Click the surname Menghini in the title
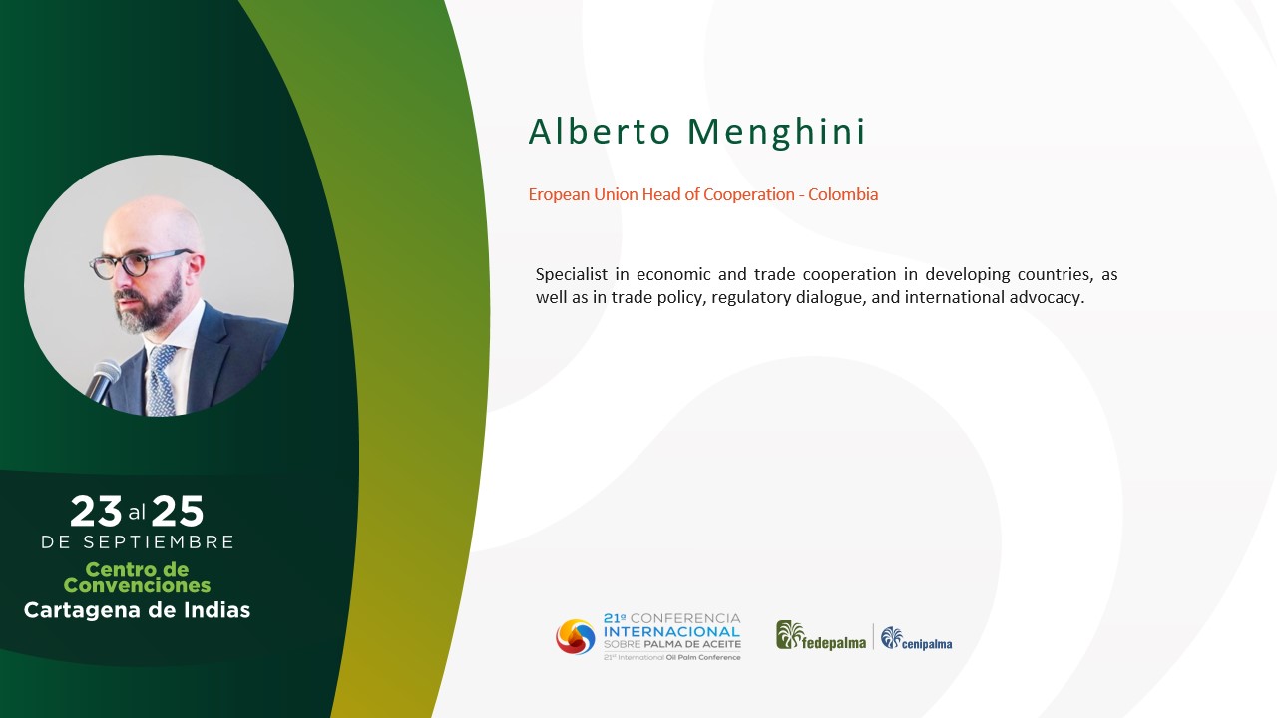point(776,132)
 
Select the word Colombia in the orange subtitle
point(843,194)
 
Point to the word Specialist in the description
point(572,274)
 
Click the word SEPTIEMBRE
point(159,541)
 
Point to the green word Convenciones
point(137,585)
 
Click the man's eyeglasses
point(140,264)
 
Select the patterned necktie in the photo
point(162,379)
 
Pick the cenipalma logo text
point(927,644)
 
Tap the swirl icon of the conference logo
point(576,636)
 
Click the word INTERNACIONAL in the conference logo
point(671,632)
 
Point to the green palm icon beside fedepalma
point(790,635)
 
